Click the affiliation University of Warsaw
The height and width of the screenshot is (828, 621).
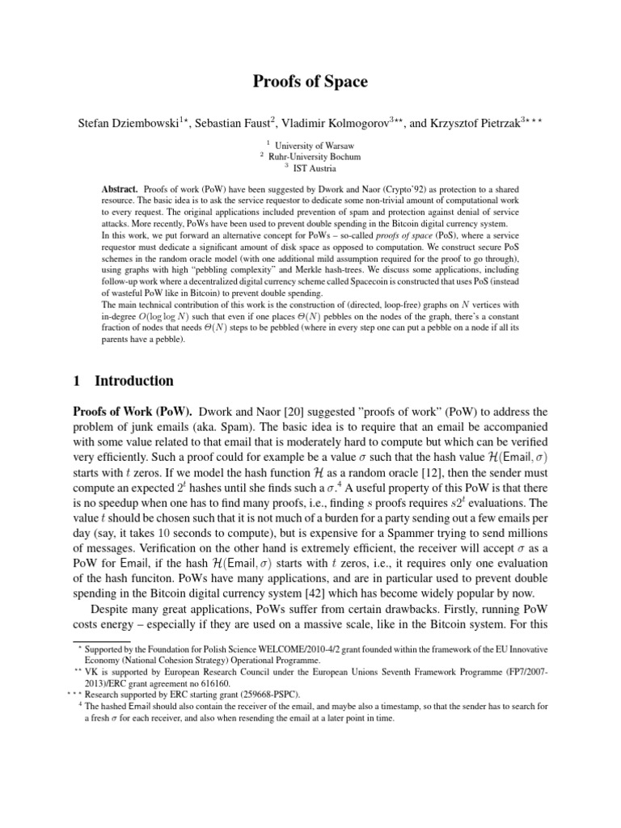(x=315, y=146)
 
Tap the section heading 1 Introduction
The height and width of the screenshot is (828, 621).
(x=134, y=381)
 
